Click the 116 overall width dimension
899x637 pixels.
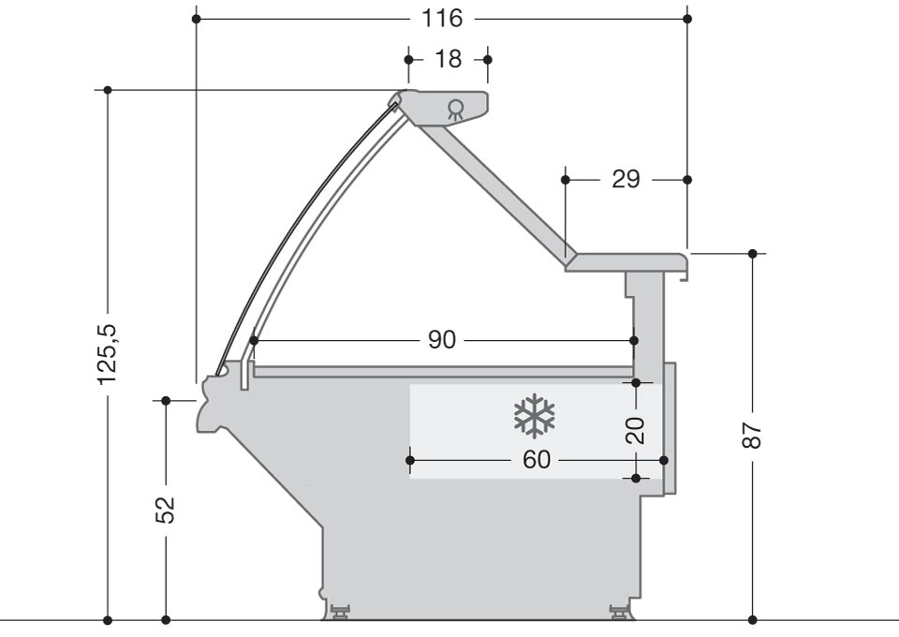(442, 19)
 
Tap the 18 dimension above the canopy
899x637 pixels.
(448, 59)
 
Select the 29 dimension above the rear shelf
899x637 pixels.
(626, 180)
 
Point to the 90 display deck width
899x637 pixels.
(442, 340)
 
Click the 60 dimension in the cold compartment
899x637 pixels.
(537, 460)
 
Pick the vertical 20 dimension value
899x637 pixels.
(635, 431)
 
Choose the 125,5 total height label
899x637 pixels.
(107, 354)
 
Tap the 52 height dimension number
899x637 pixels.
(165, 510)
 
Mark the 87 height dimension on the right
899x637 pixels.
(752, 436)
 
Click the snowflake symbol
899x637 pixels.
(535, 416)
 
